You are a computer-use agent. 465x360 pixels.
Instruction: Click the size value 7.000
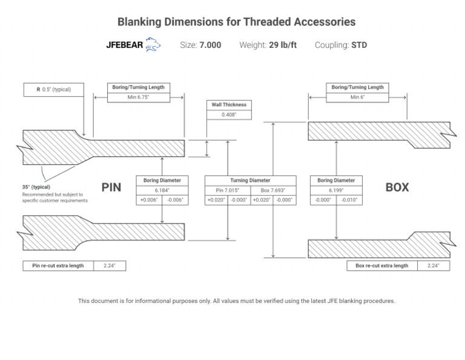click(210, 45)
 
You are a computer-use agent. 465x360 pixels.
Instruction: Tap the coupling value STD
click(359, 45)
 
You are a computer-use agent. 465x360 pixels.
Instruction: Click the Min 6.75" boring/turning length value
click(138, 97)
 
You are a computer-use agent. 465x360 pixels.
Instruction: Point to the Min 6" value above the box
click(357, 97)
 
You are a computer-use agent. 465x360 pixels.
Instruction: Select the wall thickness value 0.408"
click(229, 114)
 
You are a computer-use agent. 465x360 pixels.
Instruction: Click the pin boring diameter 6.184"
click(162, 190)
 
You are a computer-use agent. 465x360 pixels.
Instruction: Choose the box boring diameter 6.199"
click(336, 190)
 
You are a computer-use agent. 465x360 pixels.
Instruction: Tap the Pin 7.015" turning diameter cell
click(228, 190)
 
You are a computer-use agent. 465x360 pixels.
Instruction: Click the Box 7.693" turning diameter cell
click(273, 190)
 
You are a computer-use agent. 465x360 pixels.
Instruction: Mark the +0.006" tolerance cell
click(149, 200)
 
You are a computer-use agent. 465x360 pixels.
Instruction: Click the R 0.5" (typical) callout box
click(53, 90)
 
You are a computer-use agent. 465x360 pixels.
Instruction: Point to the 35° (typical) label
click(36, 187)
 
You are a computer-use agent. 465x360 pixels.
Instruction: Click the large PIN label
click(111, 187)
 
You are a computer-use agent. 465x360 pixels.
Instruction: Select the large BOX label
click(397, 187)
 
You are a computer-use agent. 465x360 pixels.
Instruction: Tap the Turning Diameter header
click(250, 180)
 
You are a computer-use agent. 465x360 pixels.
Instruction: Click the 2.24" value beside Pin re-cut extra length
click(110, 265)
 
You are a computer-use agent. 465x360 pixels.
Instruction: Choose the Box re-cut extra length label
click(382, 265)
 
